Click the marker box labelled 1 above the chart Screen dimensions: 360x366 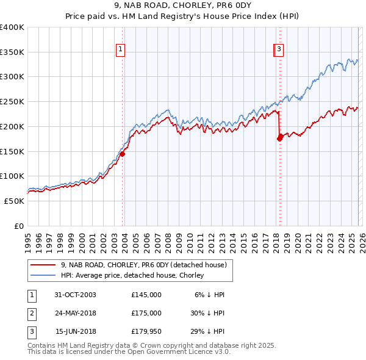tap(121, 50)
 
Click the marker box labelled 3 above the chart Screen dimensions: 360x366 tap(279, 50)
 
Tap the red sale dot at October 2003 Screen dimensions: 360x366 tap(122, 154)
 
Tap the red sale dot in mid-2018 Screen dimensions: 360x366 tap(280, 138)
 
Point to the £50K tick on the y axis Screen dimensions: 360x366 tap(15, 201)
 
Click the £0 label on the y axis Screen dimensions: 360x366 tap(20, 226)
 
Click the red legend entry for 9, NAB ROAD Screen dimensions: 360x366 tap(144, 265)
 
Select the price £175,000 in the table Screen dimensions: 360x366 tap(146, 313)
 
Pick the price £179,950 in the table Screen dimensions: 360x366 tap(146, 331)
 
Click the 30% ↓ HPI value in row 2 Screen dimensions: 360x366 tap(207, 313)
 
